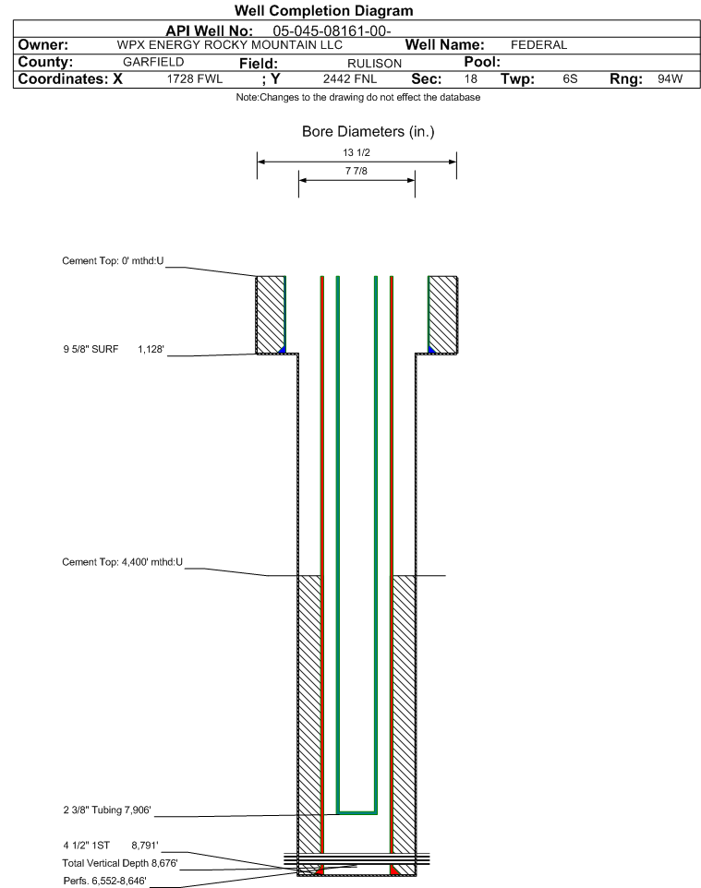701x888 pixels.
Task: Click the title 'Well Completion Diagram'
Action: [x=323, y=11]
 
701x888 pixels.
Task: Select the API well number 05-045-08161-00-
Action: [x=332, y=31]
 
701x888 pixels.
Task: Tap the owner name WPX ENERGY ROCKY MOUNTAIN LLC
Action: [x=230, y=45]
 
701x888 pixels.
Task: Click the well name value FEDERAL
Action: [x=538, y=45]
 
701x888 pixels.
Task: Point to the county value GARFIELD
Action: [x=153, y=62]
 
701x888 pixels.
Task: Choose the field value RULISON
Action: [x=374, y=64]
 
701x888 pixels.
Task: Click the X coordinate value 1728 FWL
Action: [x=194, y=79]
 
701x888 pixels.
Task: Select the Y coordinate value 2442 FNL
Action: [x=350, y=79]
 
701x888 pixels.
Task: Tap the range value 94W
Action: [x=670, y=79]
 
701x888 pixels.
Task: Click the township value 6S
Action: [x=570, y=79]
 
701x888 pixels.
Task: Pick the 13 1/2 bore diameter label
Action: [x=357, y=152]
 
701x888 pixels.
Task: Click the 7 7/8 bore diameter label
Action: [x=356, y=171]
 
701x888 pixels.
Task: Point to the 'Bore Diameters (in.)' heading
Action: [x=368, y=132]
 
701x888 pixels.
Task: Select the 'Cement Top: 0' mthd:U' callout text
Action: [x=113, y=261]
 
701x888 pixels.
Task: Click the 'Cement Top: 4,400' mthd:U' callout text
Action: [x=123, y=562]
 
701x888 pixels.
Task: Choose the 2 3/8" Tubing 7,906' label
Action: [x=107, y=810]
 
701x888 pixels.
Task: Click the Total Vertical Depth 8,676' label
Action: [x=120, y=864]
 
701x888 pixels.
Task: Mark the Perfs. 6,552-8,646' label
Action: [x=105, y=882]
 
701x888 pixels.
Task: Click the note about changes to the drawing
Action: [x=358, y=98]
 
